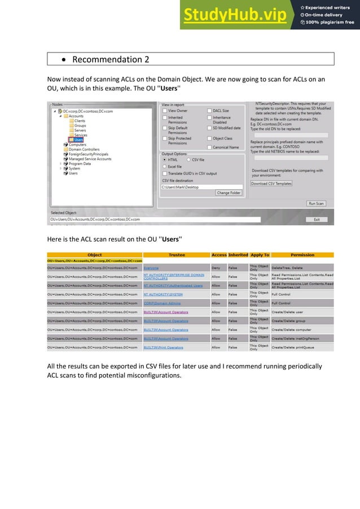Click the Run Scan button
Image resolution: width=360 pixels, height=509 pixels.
(316, 203)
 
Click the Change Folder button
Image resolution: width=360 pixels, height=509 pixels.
(229, 193)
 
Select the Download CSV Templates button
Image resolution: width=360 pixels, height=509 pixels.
(271, 183)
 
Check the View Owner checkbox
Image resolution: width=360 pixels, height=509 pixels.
(164, 111)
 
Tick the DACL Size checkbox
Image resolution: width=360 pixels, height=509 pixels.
(209, 111)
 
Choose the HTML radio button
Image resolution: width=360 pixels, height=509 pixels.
(165, 160)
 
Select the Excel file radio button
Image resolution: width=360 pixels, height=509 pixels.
(165, 166)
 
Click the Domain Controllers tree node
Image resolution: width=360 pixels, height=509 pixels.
(84, 150)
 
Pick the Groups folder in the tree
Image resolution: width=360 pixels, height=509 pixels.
(80, 125)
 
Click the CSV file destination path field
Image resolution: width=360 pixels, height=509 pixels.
(201, 186)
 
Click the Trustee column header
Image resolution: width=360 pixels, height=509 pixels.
(177, 255)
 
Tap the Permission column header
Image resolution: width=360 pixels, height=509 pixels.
(302, 255)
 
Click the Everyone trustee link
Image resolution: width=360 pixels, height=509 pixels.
(151, 268)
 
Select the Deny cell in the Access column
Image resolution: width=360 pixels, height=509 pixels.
(216, 268)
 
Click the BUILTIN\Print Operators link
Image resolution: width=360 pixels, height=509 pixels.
(163, 347)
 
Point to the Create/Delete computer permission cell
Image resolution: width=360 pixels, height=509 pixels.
(292, 330)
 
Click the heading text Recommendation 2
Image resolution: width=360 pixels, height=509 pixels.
(111, 59)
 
